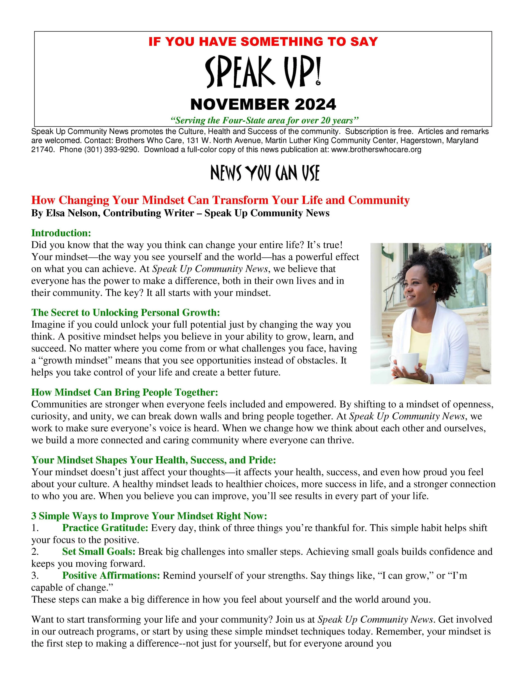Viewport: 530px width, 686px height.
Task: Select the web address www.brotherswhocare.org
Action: tap(376, 149)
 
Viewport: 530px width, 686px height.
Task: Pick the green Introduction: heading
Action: tap(61, 233)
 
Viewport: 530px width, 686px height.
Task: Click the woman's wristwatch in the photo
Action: tap(429, 378)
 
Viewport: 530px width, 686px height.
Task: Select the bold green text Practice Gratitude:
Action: tap(105, 528)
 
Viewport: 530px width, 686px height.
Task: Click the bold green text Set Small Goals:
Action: tap(99, 552)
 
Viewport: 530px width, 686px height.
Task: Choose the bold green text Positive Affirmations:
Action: tap(111, 575)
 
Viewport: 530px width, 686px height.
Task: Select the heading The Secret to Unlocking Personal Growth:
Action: tap(125, 312)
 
